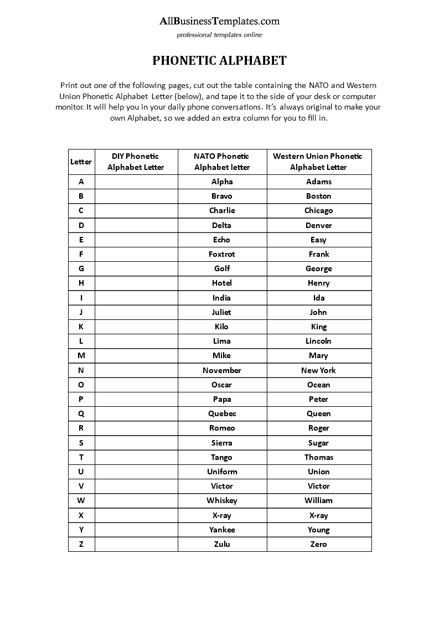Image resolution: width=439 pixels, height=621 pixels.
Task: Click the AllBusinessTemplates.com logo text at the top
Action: (219, 22)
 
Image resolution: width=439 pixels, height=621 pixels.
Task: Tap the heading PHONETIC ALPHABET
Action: (219, 60)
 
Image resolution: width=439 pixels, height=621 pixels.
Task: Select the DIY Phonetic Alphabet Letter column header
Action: (136, 162)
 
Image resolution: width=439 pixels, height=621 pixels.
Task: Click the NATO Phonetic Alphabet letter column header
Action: (221, 162)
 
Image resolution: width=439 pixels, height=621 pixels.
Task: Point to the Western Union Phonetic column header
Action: (318, 162)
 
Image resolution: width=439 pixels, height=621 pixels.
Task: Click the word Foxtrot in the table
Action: (221, 254)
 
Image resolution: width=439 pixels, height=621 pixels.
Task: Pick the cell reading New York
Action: (318, 370)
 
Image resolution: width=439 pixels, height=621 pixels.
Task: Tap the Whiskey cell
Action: (221, 500)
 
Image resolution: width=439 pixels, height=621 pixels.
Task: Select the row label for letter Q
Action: (81, 413)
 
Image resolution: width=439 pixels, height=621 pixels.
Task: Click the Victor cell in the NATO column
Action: (221, 486)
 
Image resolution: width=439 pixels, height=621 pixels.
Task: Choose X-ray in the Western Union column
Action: (318, 515)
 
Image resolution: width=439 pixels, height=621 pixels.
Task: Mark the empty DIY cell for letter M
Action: (136, 355)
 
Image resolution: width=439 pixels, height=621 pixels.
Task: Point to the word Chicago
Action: (318, 210)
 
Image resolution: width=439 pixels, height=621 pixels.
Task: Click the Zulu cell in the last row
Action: (221, 544)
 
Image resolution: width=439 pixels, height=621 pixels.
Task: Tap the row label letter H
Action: (81, 283)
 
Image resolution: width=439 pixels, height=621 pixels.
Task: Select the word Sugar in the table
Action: (318, 443)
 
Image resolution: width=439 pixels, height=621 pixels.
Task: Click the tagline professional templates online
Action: (219, 35)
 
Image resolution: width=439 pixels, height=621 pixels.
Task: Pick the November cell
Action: (221, 370)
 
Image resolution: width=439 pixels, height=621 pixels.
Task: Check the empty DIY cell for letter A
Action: (136, 182)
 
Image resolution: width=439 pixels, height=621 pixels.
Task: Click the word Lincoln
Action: (318, 341)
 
